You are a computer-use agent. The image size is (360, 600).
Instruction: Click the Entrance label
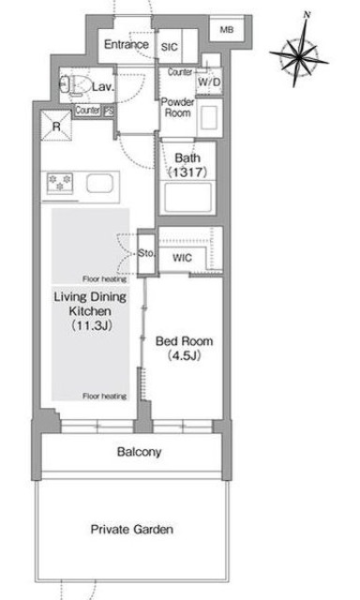(x=127, y=44)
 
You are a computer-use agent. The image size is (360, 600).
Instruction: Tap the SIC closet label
(x=170, y=47)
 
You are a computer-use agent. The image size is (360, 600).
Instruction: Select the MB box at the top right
(x=227, y=29)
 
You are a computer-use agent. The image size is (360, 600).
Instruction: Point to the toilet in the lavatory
(x=75, y=85)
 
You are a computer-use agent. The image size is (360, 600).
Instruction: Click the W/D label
(x=209, y=82)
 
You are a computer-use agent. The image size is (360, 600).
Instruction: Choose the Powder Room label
(x=177, y=108)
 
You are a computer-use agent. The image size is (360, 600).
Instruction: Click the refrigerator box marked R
(x=56, y=126)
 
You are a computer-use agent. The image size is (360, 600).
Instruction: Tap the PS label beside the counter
(x=109, y=112)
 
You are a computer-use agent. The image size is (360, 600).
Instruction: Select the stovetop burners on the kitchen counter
(x=60, y=183)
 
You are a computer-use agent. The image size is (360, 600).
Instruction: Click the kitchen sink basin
(x=99, y=184)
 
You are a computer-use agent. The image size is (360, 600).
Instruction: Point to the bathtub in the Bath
(x=187, y=198)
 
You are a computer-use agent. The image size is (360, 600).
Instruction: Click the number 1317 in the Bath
(x=187, y=172)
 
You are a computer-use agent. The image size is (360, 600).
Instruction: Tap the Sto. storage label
(x=146, y=253)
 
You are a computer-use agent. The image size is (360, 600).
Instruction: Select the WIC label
(x=182, y=258)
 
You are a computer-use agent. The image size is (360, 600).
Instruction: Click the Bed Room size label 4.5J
(x=184, y=356)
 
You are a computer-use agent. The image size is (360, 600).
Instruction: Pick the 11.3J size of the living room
(x=91, y=326)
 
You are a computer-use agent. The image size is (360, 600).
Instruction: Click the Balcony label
(x=139, y=452)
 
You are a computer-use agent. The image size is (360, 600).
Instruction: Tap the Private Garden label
(x=132, y=530)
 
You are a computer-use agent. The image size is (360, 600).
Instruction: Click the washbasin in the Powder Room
(x=209, y=117)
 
